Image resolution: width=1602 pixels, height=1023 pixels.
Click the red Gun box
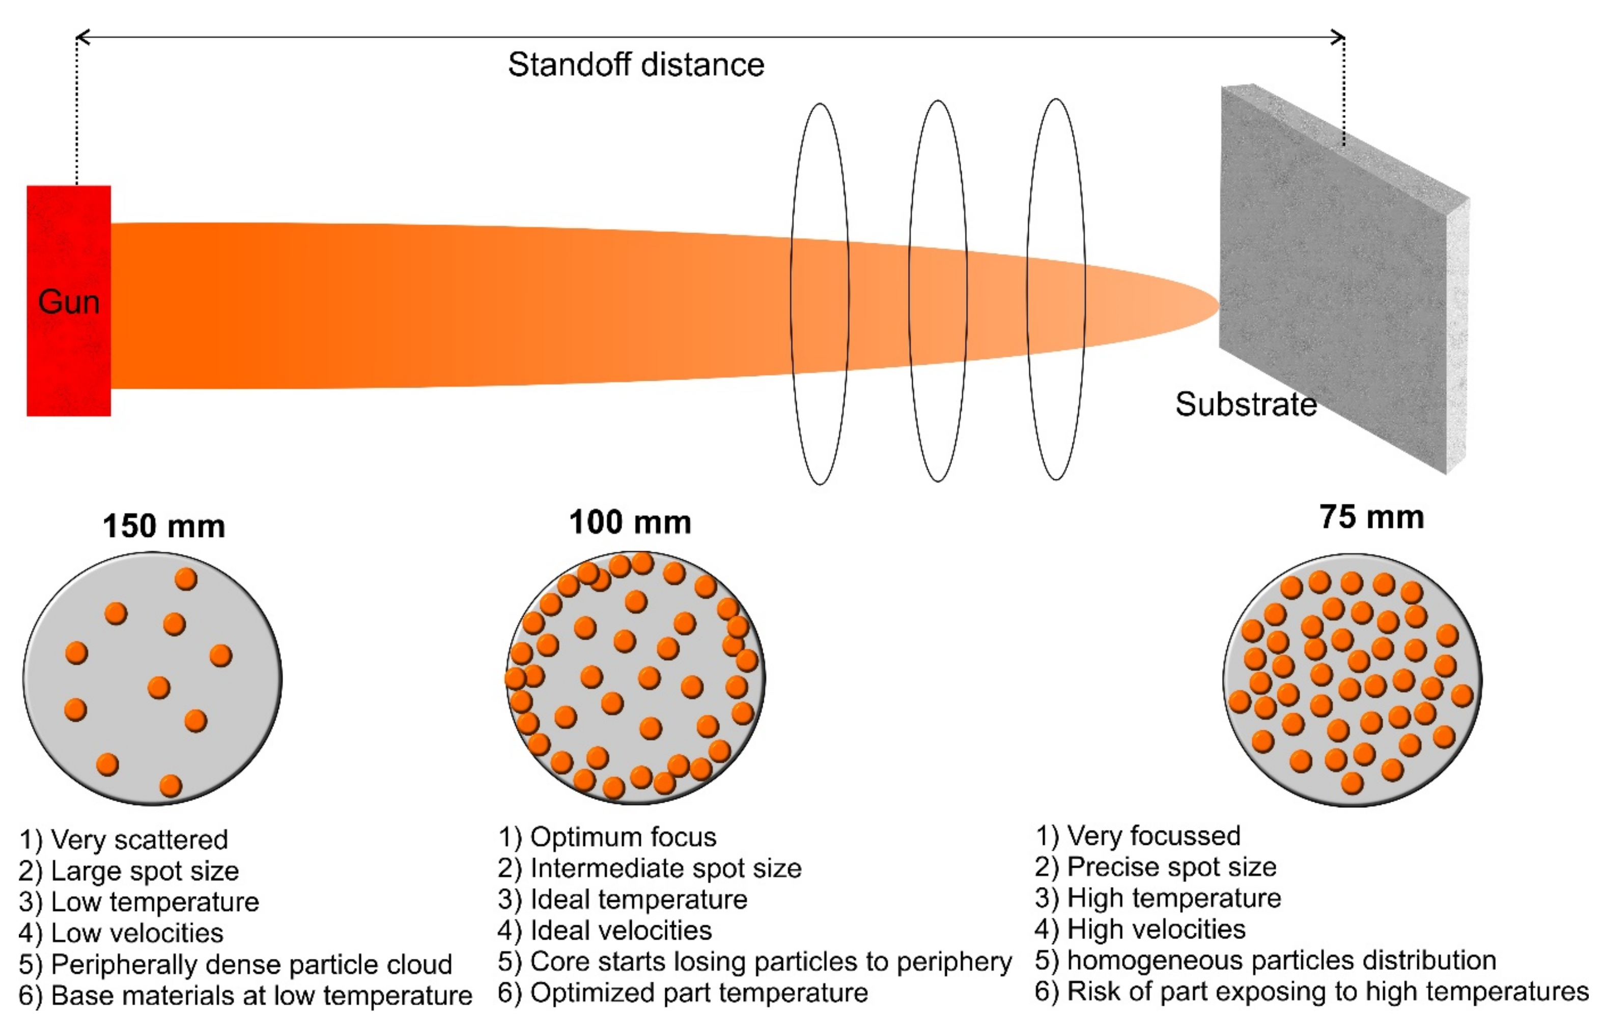(x=69, y=301)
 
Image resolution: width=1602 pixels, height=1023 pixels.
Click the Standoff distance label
(x=635, y=65)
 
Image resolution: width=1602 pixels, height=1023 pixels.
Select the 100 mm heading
(x=629, y=522)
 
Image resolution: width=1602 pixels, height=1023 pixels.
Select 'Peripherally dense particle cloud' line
(x=251, y=964)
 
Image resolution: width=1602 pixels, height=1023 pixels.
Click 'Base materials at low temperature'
(x=261, y=996)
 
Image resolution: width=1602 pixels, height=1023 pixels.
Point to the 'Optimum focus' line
(x=622, y=837)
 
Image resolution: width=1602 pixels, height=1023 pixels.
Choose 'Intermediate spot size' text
(x=665, y=868)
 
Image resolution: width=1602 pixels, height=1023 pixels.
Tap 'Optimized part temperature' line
(x=698, y=993)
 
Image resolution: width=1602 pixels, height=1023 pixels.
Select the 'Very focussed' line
(x=1153, y=835)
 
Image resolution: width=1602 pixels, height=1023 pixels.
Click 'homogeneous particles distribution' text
(x=1281, y=960)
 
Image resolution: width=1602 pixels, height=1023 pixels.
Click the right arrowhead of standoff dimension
(x=1338, y=37)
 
